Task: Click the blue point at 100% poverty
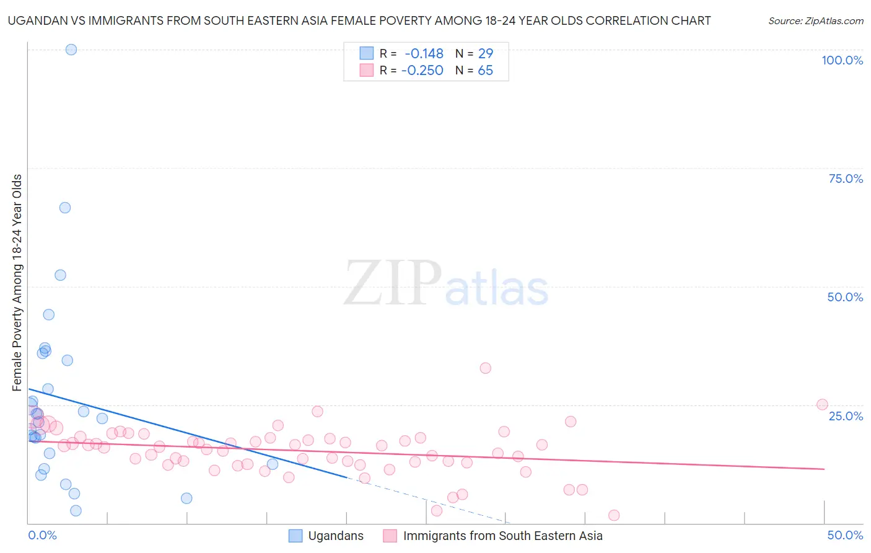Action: point(71,50)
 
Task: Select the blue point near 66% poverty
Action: point(65,208)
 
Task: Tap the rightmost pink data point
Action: point(822,405)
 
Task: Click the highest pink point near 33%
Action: point(486,368)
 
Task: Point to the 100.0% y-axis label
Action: point(842,61)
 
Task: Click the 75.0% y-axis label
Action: point(846,179)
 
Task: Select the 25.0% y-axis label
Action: point(846,416)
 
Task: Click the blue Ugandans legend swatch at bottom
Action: point(296,536)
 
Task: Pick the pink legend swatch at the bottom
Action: point(390,536)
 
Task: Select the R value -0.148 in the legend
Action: point(424,54)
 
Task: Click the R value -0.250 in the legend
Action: point(422,71)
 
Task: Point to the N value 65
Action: point(485,71)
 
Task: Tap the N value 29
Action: point(485,54)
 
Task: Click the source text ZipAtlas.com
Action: point(816,21)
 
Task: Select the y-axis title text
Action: point(17,283)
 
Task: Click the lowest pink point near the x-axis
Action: point(614,516)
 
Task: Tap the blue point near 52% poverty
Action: point(60,275)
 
